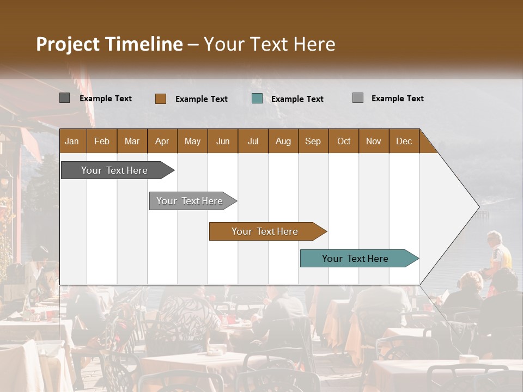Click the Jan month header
pyautogui.click(x=72, y=141)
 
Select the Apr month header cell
pyautogui.click(x=162, y=141)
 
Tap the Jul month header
pyautogui.click(x=253, y=141)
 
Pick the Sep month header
pyautogui.click(x=313, y=141)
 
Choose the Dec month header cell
pyautogui.click(x=404, y=141)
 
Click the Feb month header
pyautogui.click(x=102, y=141)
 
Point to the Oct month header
pyautogui.click(x=344, y=141)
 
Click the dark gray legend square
pyautogui.click(x=65, y=98)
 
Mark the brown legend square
pyautogui.click(x=161, y=99)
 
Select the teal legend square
pyautogui.click(x=257, y=99)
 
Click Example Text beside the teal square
pyautogui.click(x=297, y=99)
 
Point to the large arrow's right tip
pyautogui.click(x=478, y=206)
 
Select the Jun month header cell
pyautogui.click(x=223, y=141)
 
